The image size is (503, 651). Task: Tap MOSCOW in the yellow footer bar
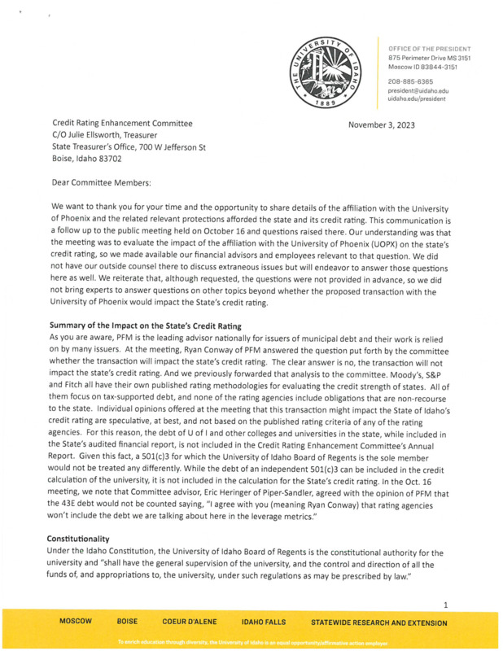pyautogui.click(x=75, y=623)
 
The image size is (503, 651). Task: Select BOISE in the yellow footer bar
pyautogui.click(x=127, y=623)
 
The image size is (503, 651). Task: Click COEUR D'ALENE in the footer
pyautogui.click(x=190, y=623)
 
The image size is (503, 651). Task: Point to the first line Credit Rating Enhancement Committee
pyautogui.click(x=122, y=124)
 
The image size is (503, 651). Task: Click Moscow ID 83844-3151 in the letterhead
pyautogui.click(x=423, y=67)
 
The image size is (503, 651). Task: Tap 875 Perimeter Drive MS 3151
pyautogui.click(x=429, y=59)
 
